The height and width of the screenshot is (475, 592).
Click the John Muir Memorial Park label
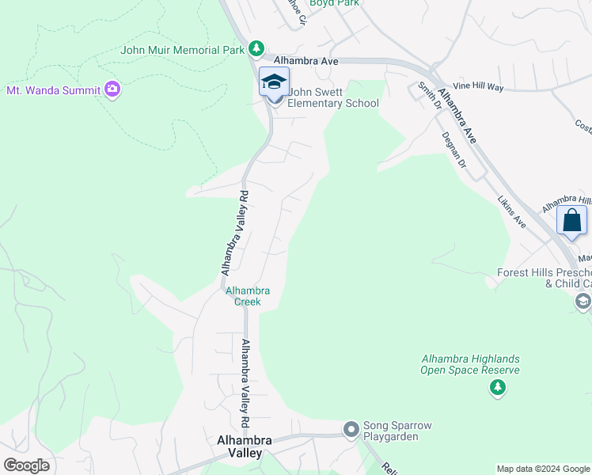tap(182, 50)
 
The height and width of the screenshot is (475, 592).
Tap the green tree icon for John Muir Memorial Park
tap(256, 49)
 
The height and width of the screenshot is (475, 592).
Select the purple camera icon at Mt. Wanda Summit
tap(112, 89)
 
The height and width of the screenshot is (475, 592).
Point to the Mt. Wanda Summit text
tap(53, 90)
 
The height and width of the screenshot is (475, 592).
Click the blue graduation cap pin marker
tap(274, 83)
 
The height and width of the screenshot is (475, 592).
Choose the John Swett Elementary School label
tap(332, 98)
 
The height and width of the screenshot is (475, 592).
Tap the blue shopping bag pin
tap(571, 220)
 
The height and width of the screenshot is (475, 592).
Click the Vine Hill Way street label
tap(478, 87)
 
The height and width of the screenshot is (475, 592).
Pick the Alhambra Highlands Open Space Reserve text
tap(470, 364)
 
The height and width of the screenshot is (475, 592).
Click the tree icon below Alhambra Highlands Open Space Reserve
tap(497, 387)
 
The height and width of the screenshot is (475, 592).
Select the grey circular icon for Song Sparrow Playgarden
tap(351, 430)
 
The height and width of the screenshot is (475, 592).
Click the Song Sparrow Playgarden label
tap(397, 431)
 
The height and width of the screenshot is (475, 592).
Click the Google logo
tap(26, 465)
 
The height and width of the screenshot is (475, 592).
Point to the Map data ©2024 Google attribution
tap(542, 469)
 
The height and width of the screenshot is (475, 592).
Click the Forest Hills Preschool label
tap(545, 278)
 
